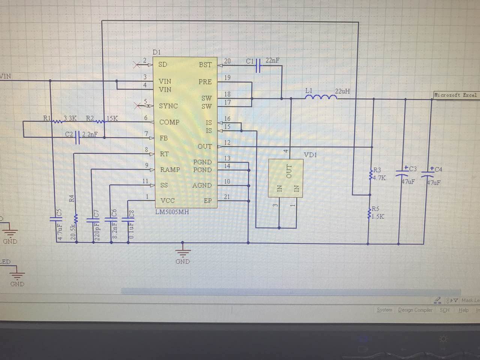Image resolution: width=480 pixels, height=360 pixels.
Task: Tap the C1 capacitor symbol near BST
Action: (258, 66)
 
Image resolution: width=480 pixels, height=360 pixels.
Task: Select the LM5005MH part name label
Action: (172, 212)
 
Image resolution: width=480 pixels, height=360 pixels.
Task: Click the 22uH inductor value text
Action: (342, 91)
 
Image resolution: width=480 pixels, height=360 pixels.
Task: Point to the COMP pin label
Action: (169, 122)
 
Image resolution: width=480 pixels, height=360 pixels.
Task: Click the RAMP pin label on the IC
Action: (170, 169)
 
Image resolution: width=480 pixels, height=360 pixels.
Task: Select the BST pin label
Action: (205, 65)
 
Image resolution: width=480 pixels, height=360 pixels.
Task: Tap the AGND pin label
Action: (202, 185)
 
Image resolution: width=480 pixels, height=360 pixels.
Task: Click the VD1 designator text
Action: (310, 154)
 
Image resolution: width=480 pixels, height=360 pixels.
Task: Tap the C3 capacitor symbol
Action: (402, 174)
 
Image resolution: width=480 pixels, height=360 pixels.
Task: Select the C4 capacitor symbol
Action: (428, 174)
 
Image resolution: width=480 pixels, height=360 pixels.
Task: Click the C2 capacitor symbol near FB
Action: (78, 137)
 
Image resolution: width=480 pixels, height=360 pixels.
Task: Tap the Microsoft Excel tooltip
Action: (456, 95)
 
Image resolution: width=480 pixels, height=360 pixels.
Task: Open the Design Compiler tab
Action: (415, 310)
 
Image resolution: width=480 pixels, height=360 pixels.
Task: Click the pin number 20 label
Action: (227, 61)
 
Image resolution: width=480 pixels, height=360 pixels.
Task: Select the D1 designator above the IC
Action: (156, 52)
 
